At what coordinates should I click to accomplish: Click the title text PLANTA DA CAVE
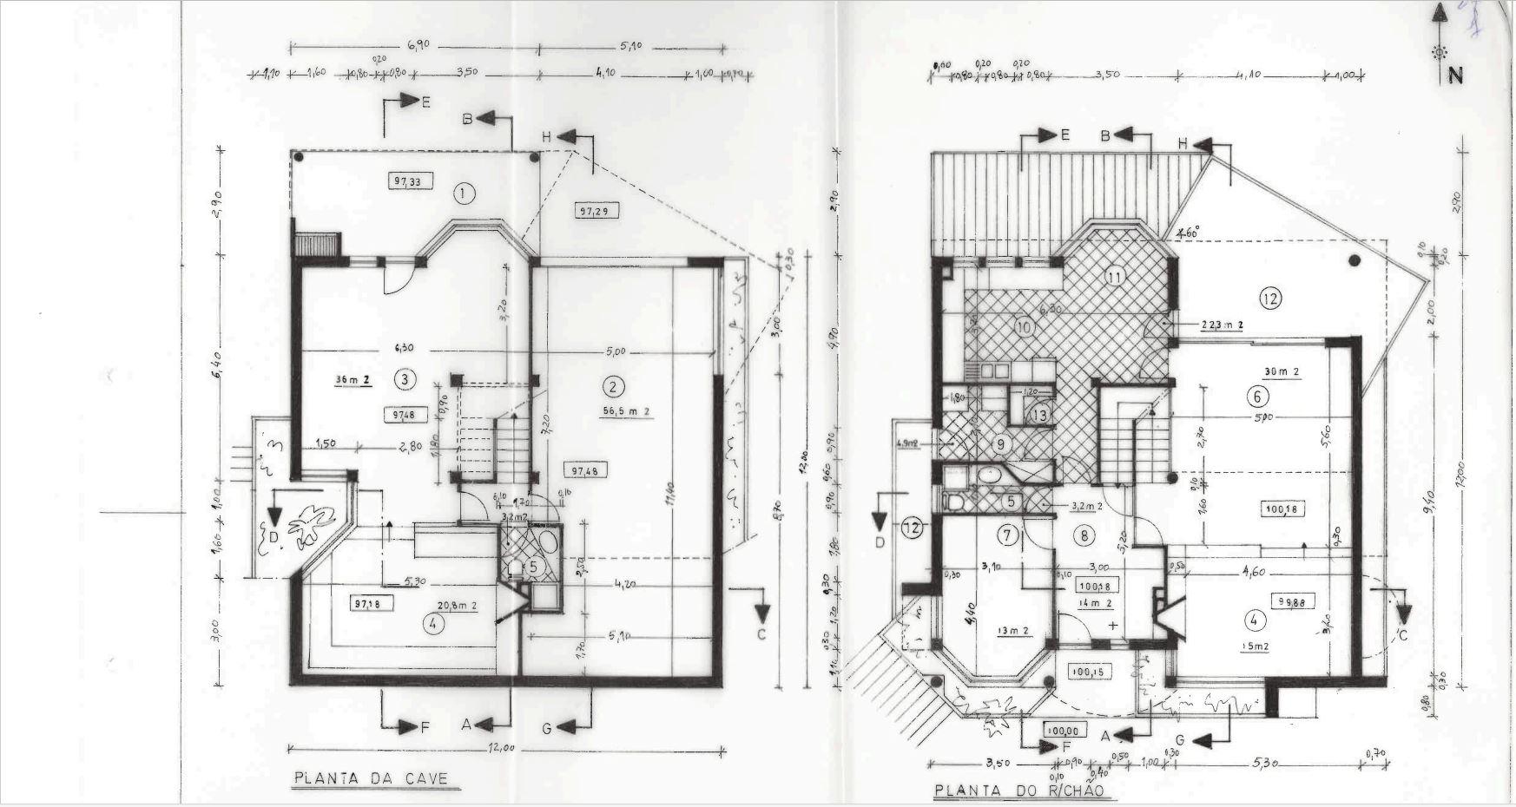pyautogui.click(x=376, y=777)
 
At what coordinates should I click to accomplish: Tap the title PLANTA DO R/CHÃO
pyautogui.click(x=1025, y=792)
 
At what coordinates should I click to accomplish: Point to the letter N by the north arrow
pyautogui.click(x=1455, y=75)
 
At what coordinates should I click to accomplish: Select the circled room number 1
pyautogui.click(x=465, y=193)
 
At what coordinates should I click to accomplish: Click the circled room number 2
pyautogui.click(x=613, y=386)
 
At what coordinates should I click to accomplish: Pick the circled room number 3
pyautogui.click(x=404, y=378)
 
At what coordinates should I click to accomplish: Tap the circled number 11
pyautogui.click(x=1115, y=277)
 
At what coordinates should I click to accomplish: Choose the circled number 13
pyautogui.click(x=1039, y=415)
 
